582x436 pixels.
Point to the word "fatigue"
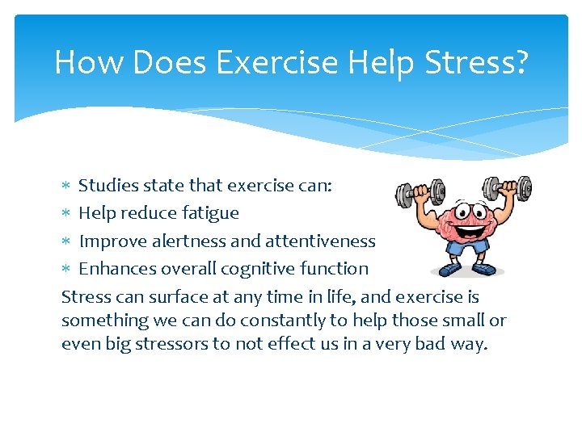point(210,213)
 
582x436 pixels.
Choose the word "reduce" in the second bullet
point(147,213)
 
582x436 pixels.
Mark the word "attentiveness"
point(321,241)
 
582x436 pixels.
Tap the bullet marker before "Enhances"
point(66,269)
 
